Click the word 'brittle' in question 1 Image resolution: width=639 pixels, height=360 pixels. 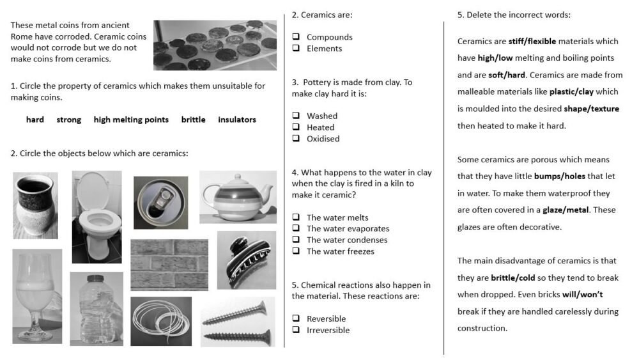click(193, 120)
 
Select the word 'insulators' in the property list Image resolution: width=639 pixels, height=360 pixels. click(236, 120)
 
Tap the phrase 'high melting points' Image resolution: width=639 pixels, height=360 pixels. click(131, 120)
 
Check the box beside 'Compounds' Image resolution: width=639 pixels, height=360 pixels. click(296, 37)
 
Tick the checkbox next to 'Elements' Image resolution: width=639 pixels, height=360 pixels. click(296, 49)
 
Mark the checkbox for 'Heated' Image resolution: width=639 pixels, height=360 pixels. click(296, 127)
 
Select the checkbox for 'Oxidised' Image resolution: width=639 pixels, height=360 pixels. click(296, 139)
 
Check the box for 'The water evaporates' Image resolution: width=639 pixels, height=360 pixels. click(296, 228)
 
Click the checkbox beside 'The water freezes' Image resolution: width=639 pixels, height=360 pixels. click(296, 251)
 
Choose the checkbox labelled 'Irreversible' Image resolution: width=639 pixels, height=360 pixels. click(296, 330)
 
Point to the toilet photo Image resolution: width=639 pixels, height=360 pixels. click(96, 217)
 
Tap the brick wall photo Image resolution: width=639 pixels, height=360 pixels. click(169, 265)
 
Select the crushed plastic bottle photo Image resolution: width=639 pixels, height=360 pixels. click(96, 308)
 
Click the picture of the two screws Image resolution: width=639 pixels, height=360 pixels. click(238, 322)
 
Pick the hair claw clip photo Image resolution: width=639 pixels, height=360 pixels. click(247, 260)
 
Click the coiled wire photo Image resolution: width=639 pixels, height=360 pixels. click(161, 321)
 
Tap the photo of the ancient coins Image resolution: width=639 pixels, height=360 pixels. click(215, 45)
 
